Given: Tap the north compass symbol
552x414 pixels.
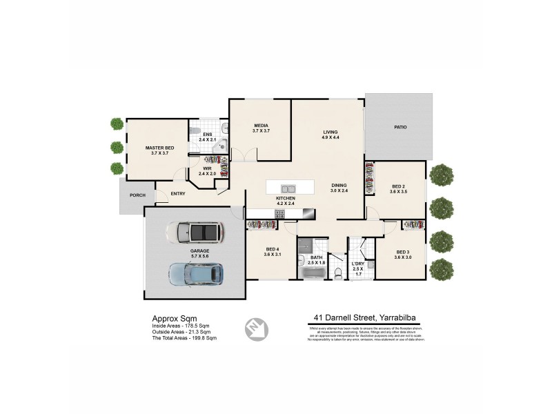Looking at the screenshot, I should coord(255,328).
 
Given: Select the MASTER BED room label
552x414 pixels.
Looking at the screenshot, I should coord(159,148).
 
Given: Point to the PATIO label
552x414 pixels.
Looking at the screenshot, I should coord(400,127).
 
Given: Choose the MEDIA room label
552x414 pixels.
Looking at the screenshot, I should coord(260,126).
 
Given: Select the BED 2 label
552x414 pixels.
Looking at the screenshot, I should coord(398,186).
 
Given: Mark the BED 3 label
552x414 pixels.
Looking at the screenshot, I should coord(403,252).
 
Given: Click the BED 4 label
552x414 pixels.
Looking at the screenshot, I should coord(272,249).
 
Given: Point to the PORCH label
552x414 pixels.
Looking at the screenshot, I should coord(137,195).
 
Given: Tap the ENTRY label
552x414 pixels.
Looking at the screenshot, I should coord(178,194).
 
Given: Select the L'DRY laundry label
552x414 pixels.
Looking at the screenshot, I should coord(357,264).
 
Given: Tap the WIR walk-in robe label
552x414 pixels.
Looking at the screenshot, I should coord(207,168).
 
